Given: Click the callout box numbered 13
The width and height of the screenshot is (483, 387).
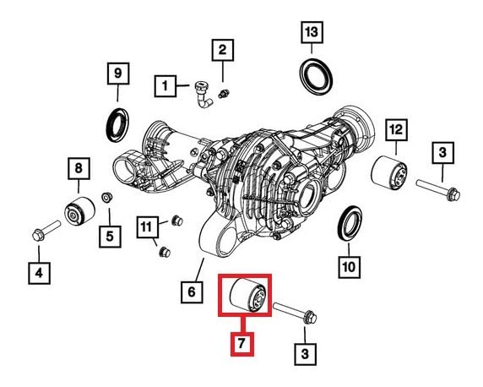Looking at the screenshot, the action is pyautogui.click(x=312, y=32).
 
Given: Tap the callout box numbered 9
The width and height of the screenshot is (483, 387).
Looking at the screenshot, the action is pyautogui.click(x=118, y=74).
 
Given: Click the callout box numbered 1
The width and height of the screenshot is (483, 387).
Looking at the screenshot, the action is pyautogui.click(x=166, y=86).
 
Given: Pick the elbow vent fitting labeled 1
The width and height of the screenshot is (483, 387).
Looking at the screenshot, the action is pyautogui.click(x=203, y=95).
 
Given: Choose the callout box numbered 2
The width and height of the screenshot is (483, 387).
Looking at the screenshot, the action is pyautogui.click(x=222, y=50).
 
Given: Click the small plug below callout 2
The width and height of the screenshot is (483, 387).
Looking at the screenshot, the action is pyautogui.click(x=225, y=93).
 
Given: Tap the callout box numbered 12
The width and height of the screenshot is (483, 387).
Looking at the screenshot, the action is pyautogui.click(x=396, y=130).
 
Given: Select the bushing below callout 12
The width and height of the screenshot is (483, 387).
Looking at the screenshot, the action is pyautogui.click(x=388, y=172).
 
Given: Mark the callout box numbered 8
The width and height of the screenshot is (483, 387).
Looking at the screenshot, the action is pyautogui.click(x=79, y=168).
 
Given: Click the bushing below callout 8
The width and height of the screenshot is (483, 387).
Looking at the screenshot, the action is pyautogui.click(x=79, y=211).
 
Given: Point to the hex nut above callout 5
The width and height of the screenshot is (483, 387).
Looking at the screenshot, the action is pyautogui.click(x=106, y=198).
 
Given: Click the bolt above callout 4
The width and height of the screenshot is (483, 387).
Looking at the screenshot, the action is pyautogui.click(x=46, y=231).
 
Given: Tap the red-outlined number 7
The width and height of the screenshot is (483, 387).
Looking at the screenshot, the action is pyautogui.click(x=242, y=344).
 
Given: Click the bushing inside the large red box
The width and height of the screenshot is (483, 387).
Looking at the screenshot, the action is pyautogui.click(x=248, y=296).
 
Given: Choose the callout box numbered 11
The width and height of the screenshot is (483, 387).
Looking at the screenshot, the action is pyautogui.click(x=147, y=227).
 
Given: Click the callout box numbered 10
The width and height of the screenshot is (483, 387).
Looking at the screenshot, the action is pyautogui.click(x=350, y=267).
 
